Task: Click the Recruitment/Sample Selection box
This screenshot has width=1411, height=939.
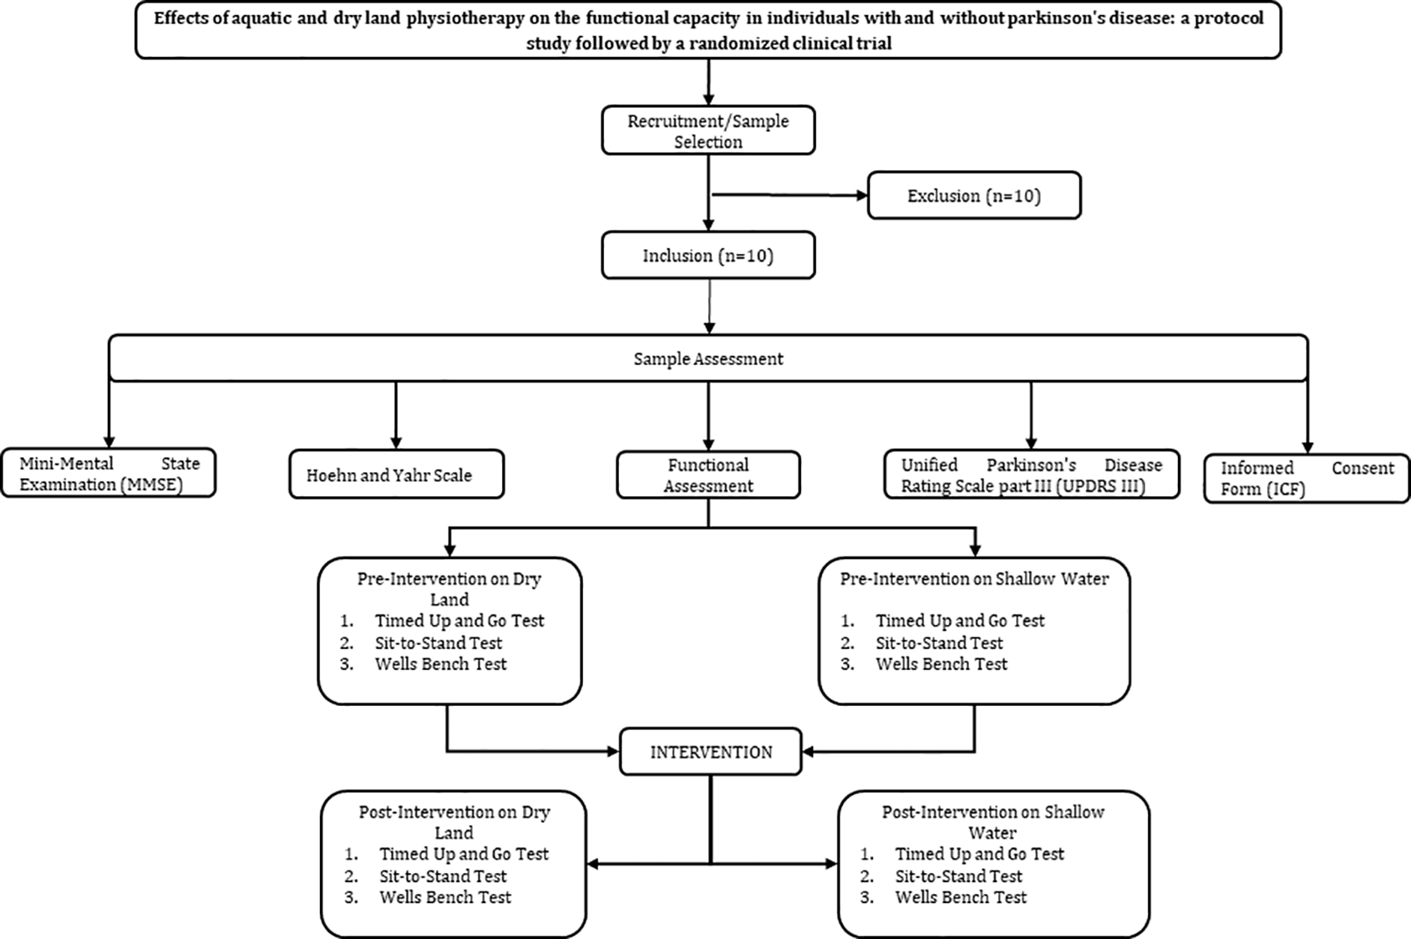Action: point(708,130)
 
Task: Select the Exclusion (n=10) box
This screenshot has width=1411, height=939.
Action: point(974,195)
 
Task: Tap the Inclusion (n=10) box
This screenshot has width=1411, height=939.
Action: point(708,255)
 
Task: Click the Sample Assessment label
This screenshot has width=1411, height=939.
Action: point(708,359)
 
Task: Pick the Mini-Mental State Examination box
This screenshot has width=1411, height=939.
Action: point(109,473)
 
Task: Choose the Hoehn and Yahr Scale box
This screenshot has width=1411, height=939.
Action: point(396,475)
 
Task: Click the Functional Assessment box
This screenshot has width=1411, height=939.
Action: point(708,475)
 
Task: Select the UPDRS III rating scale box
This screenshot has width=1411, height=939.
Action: point(1031,475)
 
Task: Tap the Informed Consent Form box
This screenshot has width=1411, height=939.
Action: point(1307,478)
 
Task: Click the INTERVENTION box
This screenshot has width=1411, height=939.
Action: point(711,752)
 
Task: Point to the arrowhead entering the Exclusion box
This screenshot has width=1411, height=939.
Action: point(861,195)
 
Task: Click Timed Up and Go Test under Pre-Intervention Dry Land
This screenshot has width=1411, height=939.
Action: point(459,621)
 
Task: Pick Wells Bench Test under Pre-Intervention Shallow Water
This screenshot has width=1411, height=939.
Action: point(942,664)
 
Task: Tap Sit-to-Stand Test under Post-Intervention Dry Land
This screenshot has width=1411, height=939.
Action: point(443,876)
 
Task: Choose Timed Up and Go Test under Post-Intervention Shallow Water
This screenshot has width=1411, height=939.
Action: point(979,854)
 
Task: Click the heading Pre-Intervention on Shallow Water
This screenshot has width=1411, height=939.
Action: point(974,579)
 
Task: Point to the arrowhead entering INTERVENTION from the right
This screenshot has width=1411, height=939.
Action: point(809,751)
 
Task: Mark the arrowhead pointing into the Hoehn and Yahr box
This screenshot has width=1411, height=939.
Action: point(396,443)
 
